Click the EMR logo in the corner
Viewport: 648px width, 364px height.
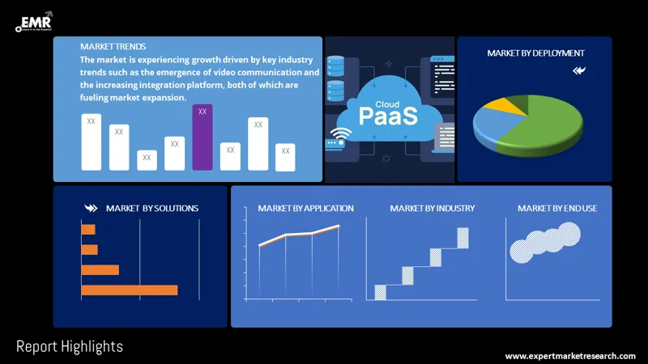click(x=33, y=22)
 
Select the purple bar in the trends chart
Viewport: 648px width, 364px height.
click(x=202, y=138)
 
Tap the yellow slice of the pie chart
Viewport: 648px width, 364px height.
click(x=512, y=106)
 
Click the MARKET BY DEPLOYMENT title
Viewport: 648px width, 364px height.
click(x=535, y=53)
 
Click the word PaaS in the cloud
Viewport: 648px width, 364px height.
click(x=388, y=116)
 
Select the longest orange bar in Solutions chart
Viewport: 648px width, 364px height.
click(x=129, y=290)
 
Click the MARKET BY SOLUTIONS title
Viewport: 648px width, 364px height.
click(x=151, y=208)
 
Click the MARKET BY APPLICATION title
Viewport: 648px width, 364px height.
click(x=305, y=208)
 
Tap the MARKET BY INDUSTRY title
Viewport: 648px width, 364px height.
click(x=432, y=208)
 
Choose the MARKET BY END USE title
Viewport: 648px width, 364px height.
click(x=557, y=208)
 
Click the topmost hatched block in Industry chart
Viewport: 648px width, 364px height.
click(x=463, y=238)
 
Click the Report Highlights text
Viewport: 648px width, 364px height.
click(x=70, y=347)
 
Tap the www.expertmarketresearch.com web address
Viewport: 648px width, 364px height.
click(x=570, y=356)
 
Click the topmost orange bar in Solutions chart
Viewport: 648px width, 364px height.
click(x=88, y=230)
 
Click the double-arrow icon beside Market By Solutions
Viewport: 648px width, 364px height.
click(x=90, y=208)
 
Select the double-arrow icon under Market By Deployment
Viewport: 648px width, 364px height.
click(x=578, y=70)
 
